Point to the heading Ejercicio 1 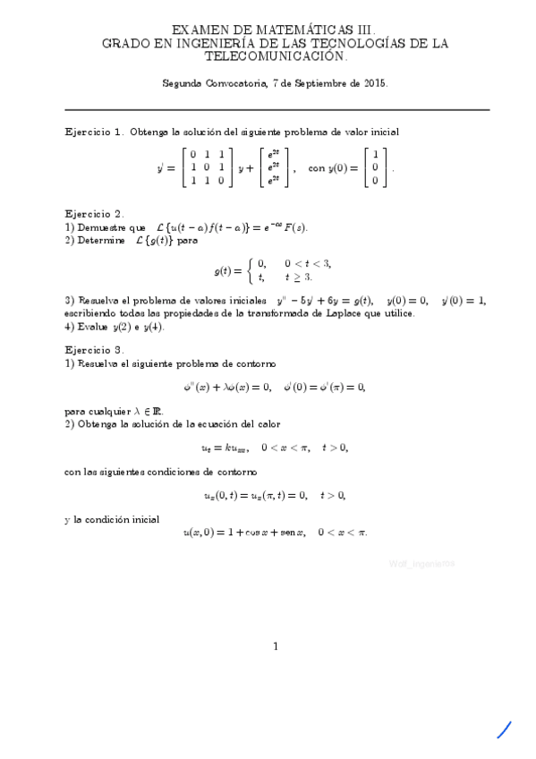coord(94,131)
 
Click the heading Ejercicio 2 coord(94,214)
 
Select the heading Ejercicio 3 coord(94,350)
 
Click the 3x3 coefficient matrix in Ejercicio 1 coord(206,167)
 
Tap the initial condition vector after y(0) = coord(376,167)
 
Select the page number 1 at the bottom coord(277,646)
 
